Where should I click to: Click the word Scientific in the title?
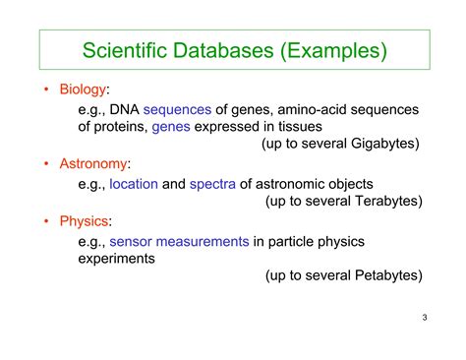(x=125, y=50)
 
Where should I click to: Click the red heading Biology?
(x=85, y=90)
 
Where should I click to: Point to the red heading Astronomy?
(x=94, y=162)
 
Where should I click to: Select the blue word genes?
(x=172, y=126)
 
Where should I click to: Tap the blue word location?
(x=134, y=184)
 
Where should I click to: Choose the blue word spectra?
(x=214, y=184)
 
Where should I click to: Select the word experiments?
(x=119, y=259)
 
